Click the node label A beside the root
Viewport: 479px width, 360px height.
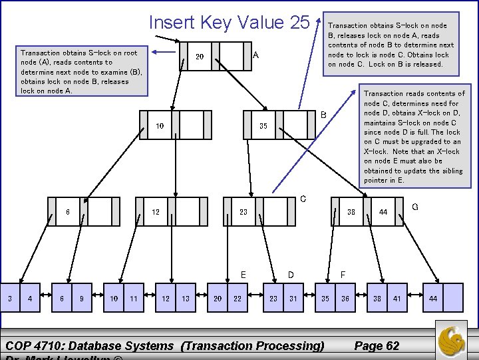255,56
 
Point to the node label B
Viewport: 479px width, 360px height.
324,115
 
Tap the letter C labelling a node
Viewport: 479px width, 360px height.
303,199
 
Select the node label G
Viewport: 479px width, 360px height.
415,207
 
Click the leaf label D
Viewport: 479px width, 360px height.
291,274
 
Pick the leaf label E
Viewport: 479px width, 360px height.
243,274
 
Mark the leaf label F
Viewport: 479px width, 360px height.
343,274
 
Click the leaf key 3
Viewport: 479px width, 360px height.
9,299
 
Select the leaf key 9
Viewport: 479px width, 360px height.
81,299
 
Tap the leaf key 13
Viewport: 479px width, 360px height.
186,299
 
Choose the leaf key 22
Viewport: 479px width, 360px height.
238,299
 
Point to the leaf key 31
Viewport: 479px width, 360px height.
293,299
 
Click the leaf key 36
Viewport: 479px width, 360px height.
345,299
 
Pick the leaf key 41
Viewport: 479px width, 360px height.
397,299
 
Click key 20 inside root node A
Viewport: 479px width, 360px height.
199,57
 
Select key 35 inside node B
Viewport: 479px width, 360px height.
263,126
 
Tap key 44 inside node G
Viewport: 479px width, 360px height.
383,212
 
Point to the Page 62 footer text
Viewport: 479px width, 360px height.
377,345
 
